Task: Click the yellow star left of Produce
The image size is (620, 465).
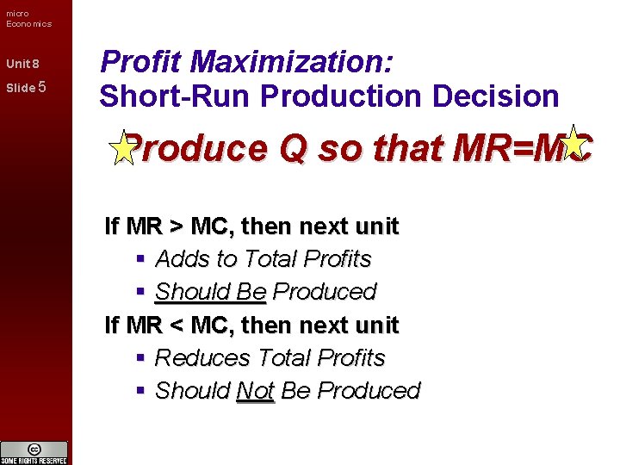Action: point(124,148)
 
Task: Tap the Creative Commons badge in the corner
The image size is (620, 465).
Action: point(34,451)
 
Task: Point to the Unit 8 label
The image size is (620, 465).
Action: point(22,65)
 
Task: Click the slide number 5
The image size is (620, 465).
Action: point(42,87)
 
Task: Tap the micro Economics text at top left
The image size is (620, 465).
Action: point(28,18)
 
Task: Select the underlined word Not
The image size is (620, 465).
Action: point(255,390)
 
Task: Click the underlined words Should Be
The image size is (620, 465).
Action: point(210,292)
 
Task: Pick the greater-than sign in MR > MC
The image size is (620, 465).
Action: point(176,226)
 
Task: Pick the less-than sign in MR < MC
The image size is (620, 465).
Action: point(176,325)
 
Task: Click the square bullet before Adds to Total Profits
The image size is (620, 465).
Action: point(140,259)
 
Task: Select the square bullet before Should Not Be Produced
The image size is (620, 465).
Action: point(140,390)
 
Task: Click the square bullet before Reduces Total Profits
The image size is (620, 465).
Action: point(140,357)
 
